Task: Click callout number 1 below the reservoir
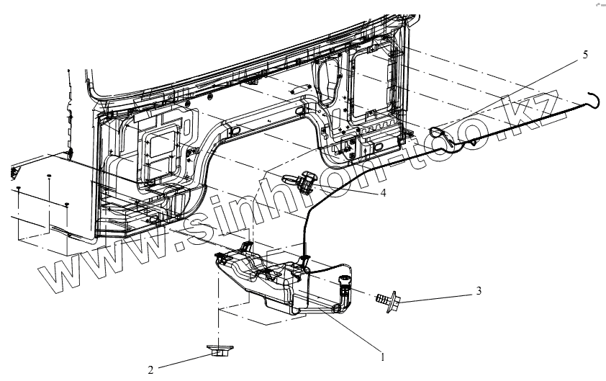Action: click(x=382, y=355)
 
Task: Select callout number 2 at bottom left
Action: click(x=150, y=370)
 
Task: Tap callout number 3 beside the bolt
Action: click(x=478, y=291)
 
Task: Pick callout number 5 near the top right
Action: click(x=585, y=55)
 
